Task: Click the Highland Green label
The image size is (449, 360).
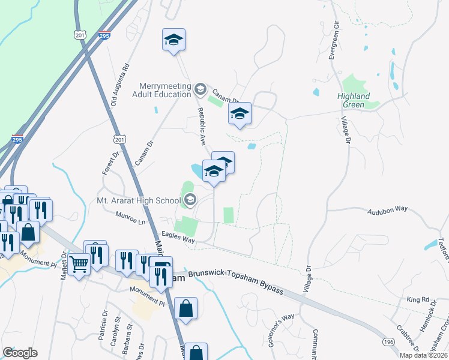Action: click(x=353, y=100)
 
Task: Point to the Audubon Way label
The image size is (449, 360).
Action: click(x=387, y=209)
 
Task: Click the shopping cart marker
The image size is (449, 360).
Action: click(x=79, y=264)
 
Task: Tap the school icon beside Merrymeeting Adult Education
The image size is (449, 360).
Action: click(x=200, y=90)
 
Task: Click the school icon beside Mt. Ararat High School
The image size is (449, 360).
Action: click(x=190, y=200)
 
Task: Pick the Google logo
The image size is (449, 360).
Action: click(x=20, y=353)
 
